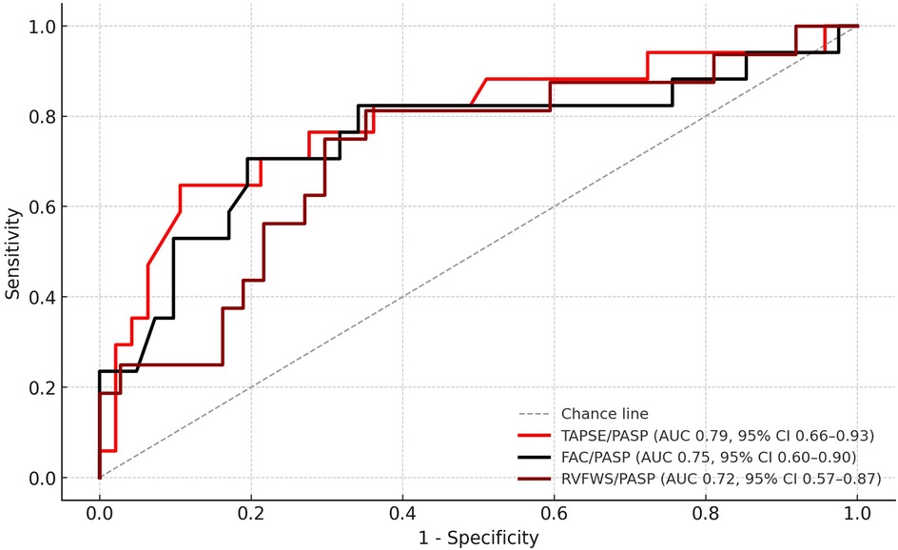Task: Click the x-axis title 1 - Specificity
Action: coord(478,538)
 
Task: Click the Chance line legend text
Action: coord(605,414)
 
